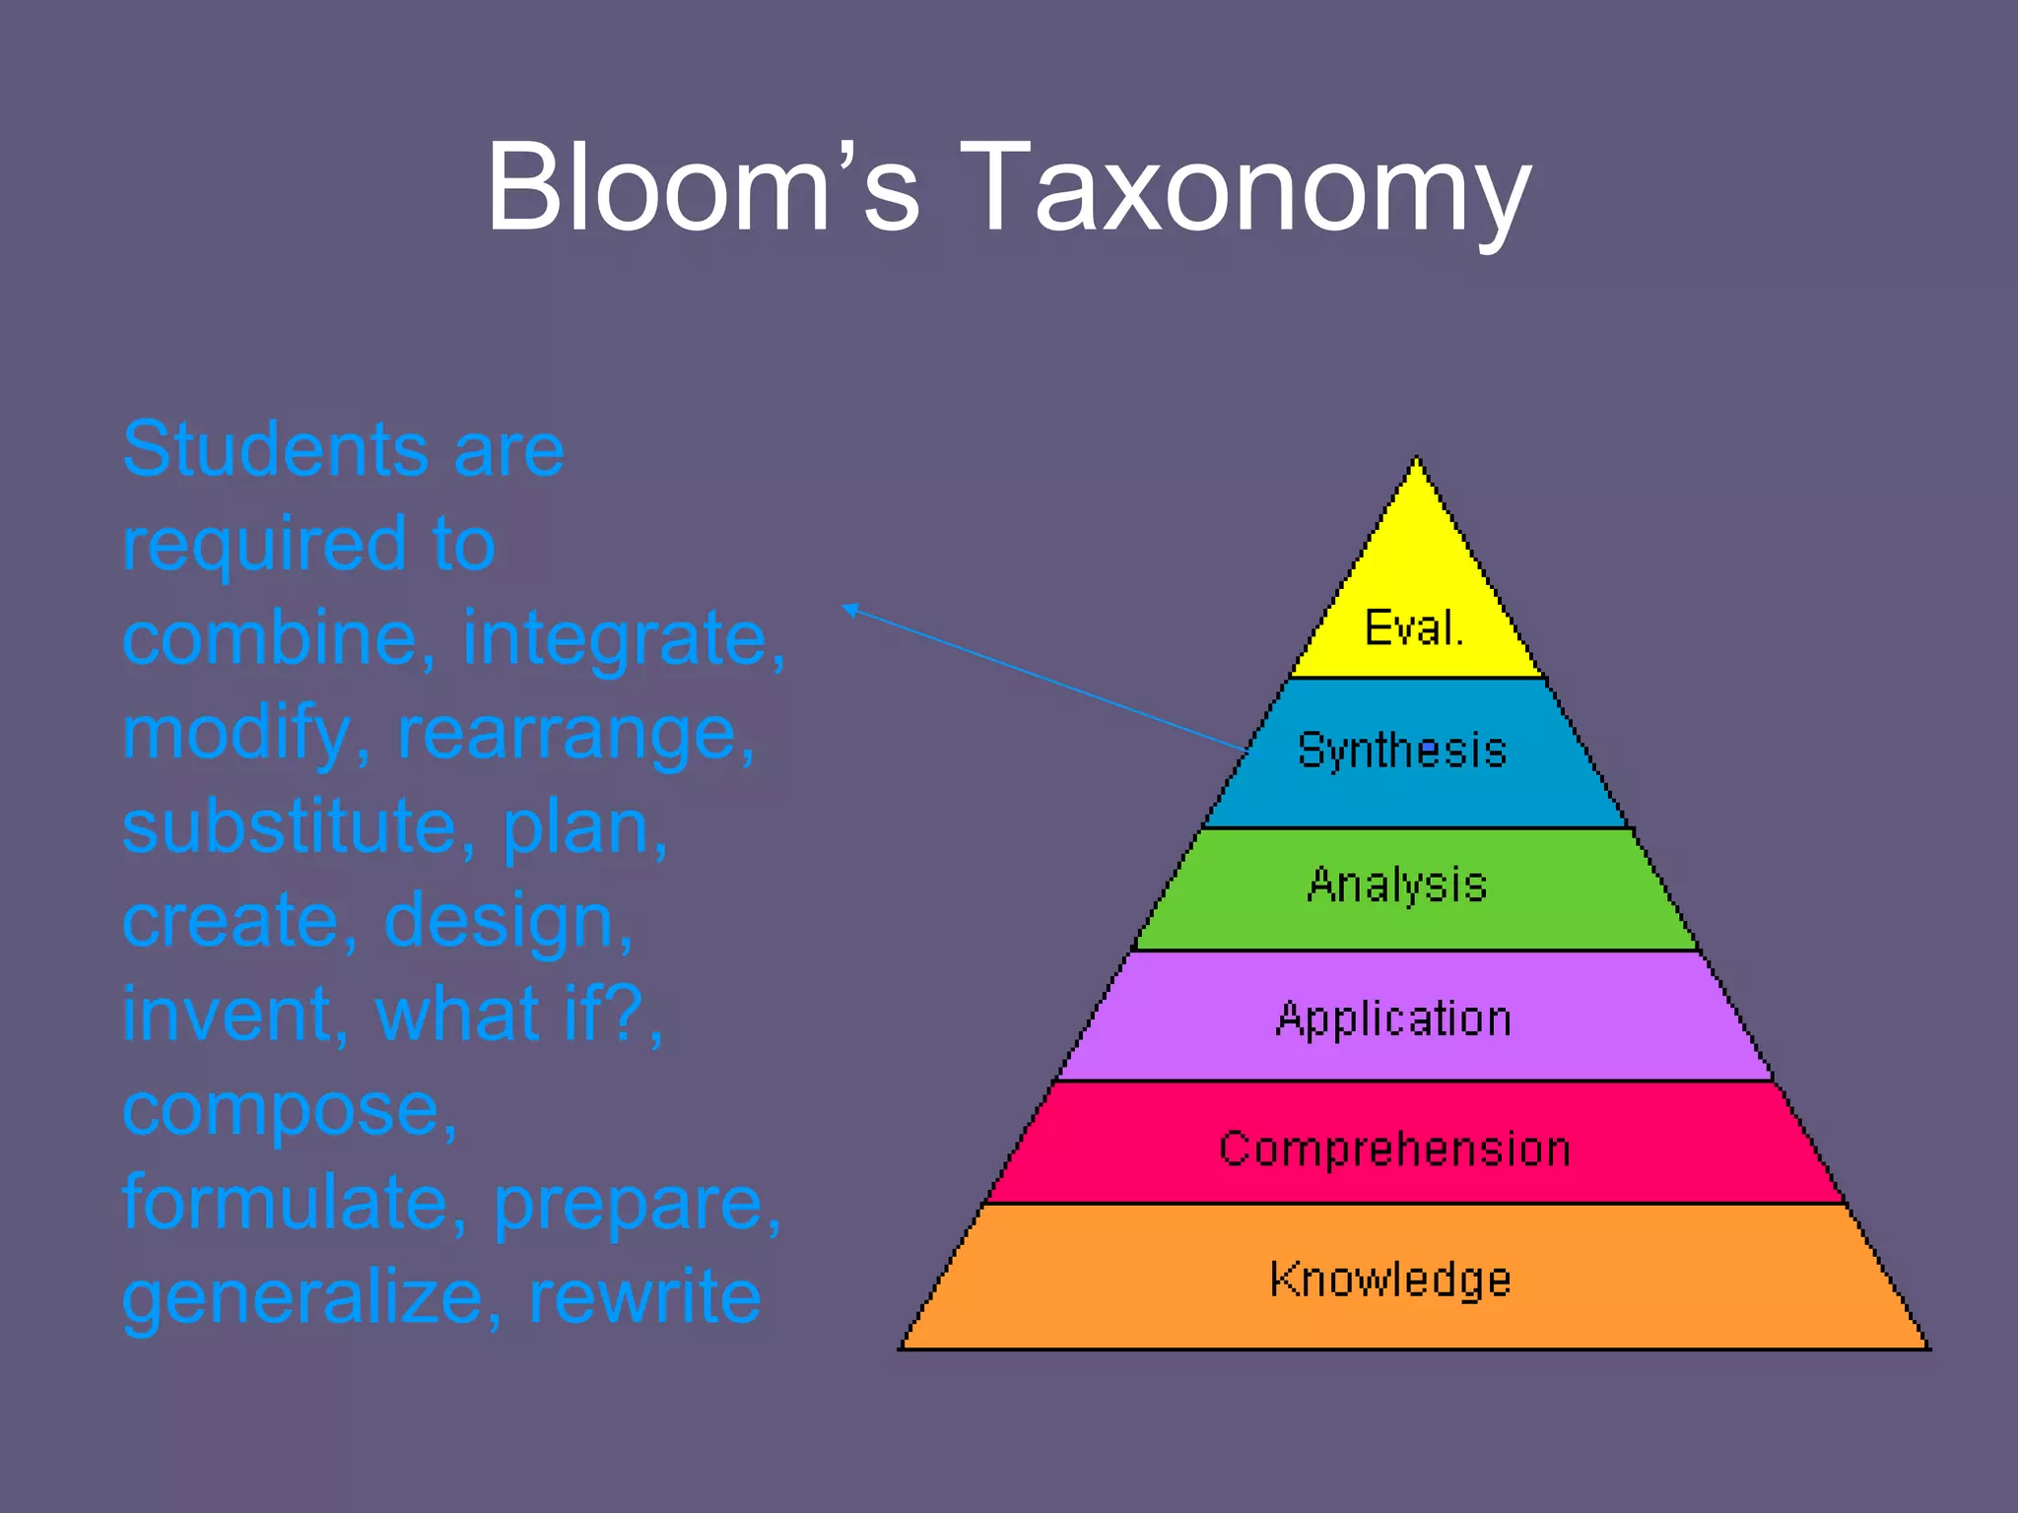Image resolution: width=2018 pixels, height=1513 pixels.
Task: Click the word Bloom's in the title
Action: coord(703,187)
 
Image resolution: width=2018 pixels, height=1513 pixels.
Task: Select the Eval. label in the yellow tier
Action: coord(1414,627)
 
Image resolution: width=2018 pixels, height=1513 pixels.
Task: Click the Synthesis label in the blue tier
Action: coord(1402,751)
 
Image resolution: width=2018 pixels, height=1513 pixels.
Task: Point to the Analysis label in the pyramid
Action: coord(1397,885)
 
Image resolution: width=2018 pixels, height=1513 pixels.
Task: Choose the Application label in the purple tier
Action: coord(1393,1019)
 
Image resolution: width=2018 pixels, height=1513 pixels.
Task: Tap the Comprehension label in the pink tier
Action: coord(1394,1149)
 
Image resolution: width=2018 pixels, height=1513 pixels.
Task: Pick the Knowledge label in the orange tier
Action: coord(1390,1280)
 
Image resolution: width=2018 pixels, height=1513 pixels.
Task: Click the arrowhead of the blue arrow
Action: coord(848,608)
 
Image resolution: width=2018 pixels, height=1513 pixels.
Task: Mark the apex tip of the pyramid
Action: coord(1417,459)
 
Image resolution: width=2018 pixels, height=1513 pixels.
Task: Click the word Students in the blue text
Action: coord(276,449)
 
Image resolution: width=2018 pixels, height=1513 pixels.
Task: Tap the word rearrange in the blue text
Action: coord(575,734)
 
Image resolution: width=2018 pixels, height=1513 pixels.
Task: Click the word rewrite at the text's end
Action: coord(644,1296)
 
